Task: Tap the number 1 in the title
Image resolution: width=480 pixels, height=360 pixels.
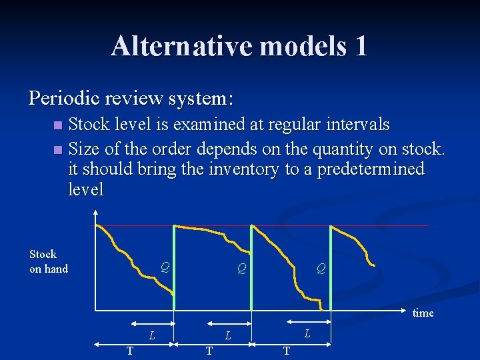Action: pyautogui.click(x=361, y=45)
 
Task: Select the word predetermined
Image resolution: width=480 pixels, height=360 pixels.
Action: pyautogui.click(x=371, y=169)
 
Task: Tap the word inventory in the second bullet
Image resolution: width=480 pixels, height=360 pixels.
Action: pyautogui.click(x=240, y=169)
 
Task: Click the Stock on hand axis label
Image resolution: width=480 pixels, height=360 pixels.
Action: pyautogui.click(x=49, y=261)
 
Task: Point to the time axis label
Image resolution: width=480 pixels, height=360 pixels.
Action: pyautogui.click(x=423, y=313)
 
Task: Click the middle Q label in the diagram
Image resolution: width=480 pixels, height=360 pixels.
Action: pyautogui.click(x=242, y=269)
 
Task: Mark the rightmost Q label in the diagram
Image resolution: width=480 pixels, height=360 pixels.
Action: pyautogui.click(x=321, y=269)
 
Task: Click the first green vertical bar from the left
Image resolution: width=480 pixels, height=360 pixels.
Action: pyautogui.click(x=174, y=267)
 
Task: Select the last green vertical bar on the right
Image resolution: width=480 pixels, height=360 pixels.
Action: pyautogui.click(x=330, y=267)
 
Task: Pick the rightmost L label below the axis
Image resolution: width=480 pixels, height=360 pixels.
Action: pyautogui.click(x=307, y=333)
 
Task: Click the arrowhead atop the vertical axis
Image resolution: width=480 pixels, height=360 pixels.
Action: pyautogui.click(x=96, y=214)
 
